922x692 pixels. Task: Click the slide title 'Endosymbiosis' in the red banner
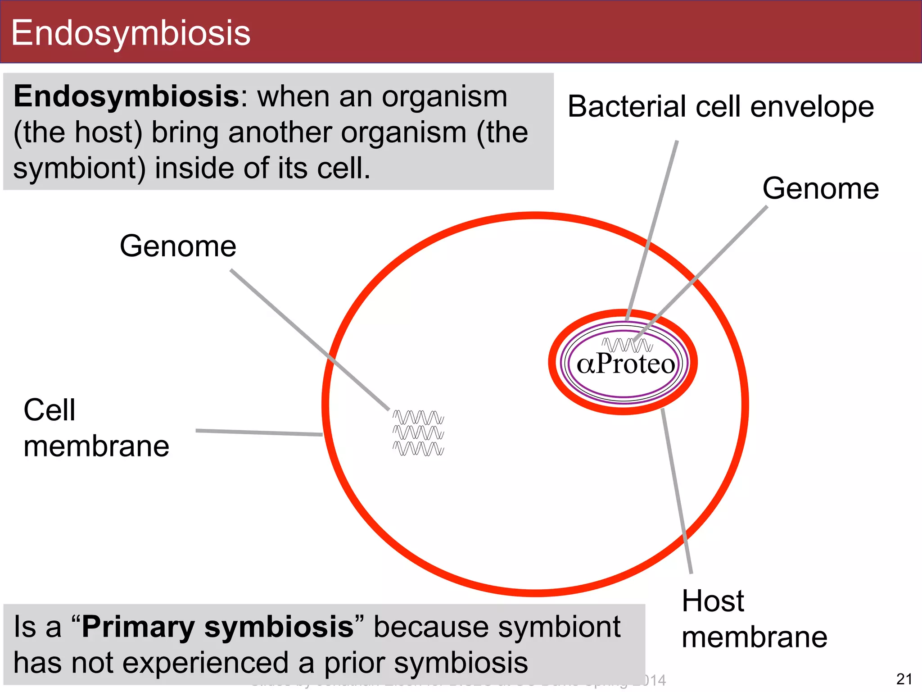pyautogui.click(x=131, y=33)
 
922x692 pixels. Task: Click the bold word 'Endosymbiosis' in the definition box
pyautogui.click(x=127, y=96)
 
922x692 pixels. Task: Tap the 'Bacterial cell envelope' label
pyautogui.click(x=721, y=107)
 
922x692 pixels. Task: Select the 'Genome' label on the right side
pyautogui.click(x=820, y=188)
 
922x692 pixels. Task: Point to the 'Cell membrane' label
pyautogui.click(x=96, y=428)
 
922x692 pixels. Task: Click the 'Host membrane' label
pyautogui.click(x=754, y=619)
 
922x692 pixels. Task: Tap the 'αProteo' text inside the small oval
pyautogui.click(x=626, y=364)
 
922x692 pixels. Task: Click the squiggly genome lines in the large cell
pyautogui.click(x=418, y=433)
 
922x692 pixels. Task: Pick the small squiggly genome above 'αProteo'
pyautogui.click(x=627, y=345)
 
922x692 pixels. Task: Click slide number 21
pyautogui.click(x=904, y=679)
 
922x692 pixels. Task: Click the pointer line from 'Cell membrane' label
pyautogui.click(x=259, y=432)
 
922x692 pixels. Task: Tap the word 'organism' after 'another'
pyautogui.click(x=403, y=132)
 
